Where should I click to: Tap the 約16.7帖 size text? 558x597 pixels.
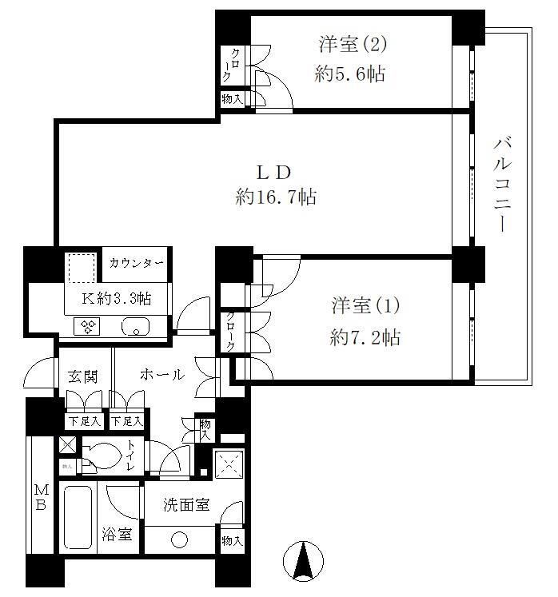pyautogui.click(x=276, y=197)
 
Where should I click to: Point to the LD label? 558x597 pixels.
pyautogui.click(x=272, y=171)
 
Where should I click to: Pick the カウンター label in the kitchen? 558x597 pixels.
pyautogui.click(x=137, y=263)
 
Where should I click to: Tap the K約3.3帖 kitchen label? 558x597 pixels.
pyautogui.click(x=118, y=298)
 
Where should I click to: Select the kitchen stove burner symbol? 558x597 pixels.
pyautogui.click(x=86, y=326)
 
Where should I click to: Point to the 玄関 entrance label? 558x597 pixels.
pyautogui.click(x=82, y=375)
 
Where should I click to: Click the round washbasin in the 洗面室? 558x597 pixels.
pyautogui.click(x=179, y=540)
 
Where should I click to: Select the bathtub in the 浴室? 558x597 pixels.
pyautogui.click(x=78, y=517)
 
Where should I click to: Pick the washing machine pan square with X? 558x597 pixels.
pyautogui.click(x=229, y=463)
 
